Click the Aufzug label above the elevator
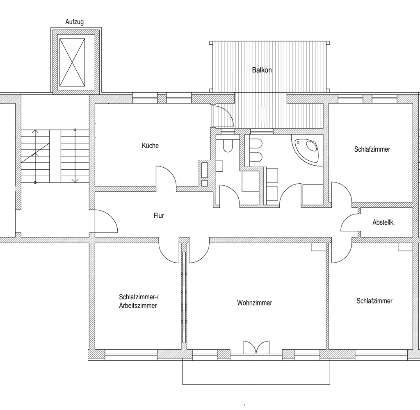[x=75, y=22]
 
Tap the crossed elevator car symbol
[x=72, y=62]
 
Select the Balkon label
[x=262, y=70]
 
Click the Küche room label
[x=150, y=146]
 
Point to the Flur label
[x=159, y=216]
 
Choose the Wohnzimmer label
[x=254, y=303]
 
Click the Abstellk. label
[x=383, y=222]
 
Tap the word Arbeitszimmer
[x=138, y=305]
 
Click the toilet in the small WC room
[x=227, y=145]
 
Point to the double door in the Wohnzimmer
[x=256, y=347]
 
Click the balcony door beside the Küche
[x=222, y=116]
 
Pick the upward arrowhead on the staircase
[x=35, y=132]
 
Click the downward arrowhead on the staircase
[x=75, y=181]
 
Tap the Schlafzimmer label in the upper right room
[x=372, y=149]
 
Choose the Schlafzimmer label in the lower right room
[x=374, y=301]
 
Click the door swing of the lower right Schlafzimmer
[x=342, y=253]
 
